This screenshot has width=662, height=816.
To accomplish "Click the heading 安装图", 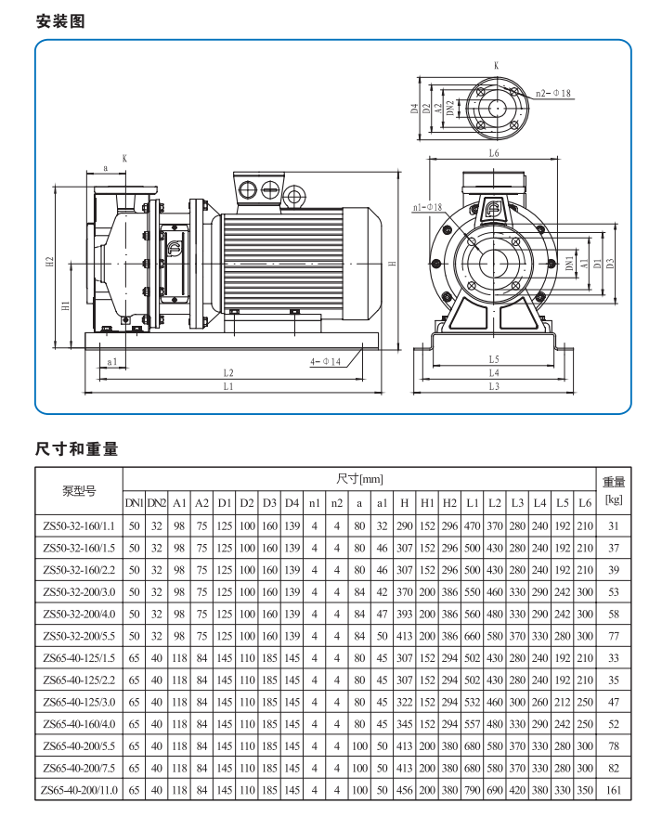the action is (x=60, y=21).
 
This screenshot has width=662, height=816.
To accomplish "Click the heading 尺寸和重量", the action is (x=77, y=448).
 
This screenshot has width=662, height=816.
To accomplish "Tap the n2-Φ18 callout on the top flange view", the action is (x=553, y=93).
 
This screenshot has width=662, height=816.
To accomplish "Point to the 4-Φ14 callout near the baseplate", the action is (x=325, y=361).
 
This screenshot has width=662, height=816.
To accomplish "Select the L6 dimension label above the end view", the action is (x=494, y=153).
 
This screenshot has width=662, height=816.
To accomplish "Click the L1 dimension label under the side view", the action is (x=228, y=387).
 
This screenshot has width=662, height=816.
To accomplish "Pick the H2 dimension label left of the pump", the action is (x=50, y=263).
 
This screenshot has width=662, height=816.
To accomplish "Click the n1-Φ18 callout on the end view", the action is (x=427, y=207).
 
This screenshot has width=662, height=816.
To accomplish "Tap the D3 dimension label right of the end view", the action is (x=611, y=264).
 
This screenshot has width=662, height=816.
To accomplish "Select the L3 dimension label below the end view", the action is (x=494, y=386).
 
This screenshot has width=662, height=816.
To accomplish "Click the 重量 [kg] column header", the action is (x=614, y=491).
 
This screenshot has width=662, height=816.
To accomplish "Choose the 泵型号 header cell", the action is (x=79, y=491).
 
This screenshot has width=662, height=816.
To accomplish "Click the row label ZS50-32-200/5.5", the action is (x=79, y=636).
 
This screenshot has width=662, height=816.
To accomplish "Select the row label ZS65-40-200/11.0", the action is (x=79, y=790).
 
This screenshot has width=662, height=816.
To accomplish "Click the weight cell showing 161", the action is (x=614, y=790).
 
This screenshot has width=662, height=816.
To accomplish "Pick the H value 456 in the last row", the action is (x=405, y=790).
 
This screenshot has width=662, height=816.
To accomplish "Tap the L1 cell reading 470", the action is (x=472, y=526).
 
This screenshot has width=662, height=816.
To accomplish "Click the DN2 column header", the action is (x=157, y=503).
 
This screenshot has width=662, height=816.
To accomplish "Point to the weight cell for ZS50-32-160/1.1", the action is (x=614, y=526).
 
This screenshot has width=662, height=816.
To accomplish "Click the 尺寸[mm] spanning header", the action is (x=359, y=479).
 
